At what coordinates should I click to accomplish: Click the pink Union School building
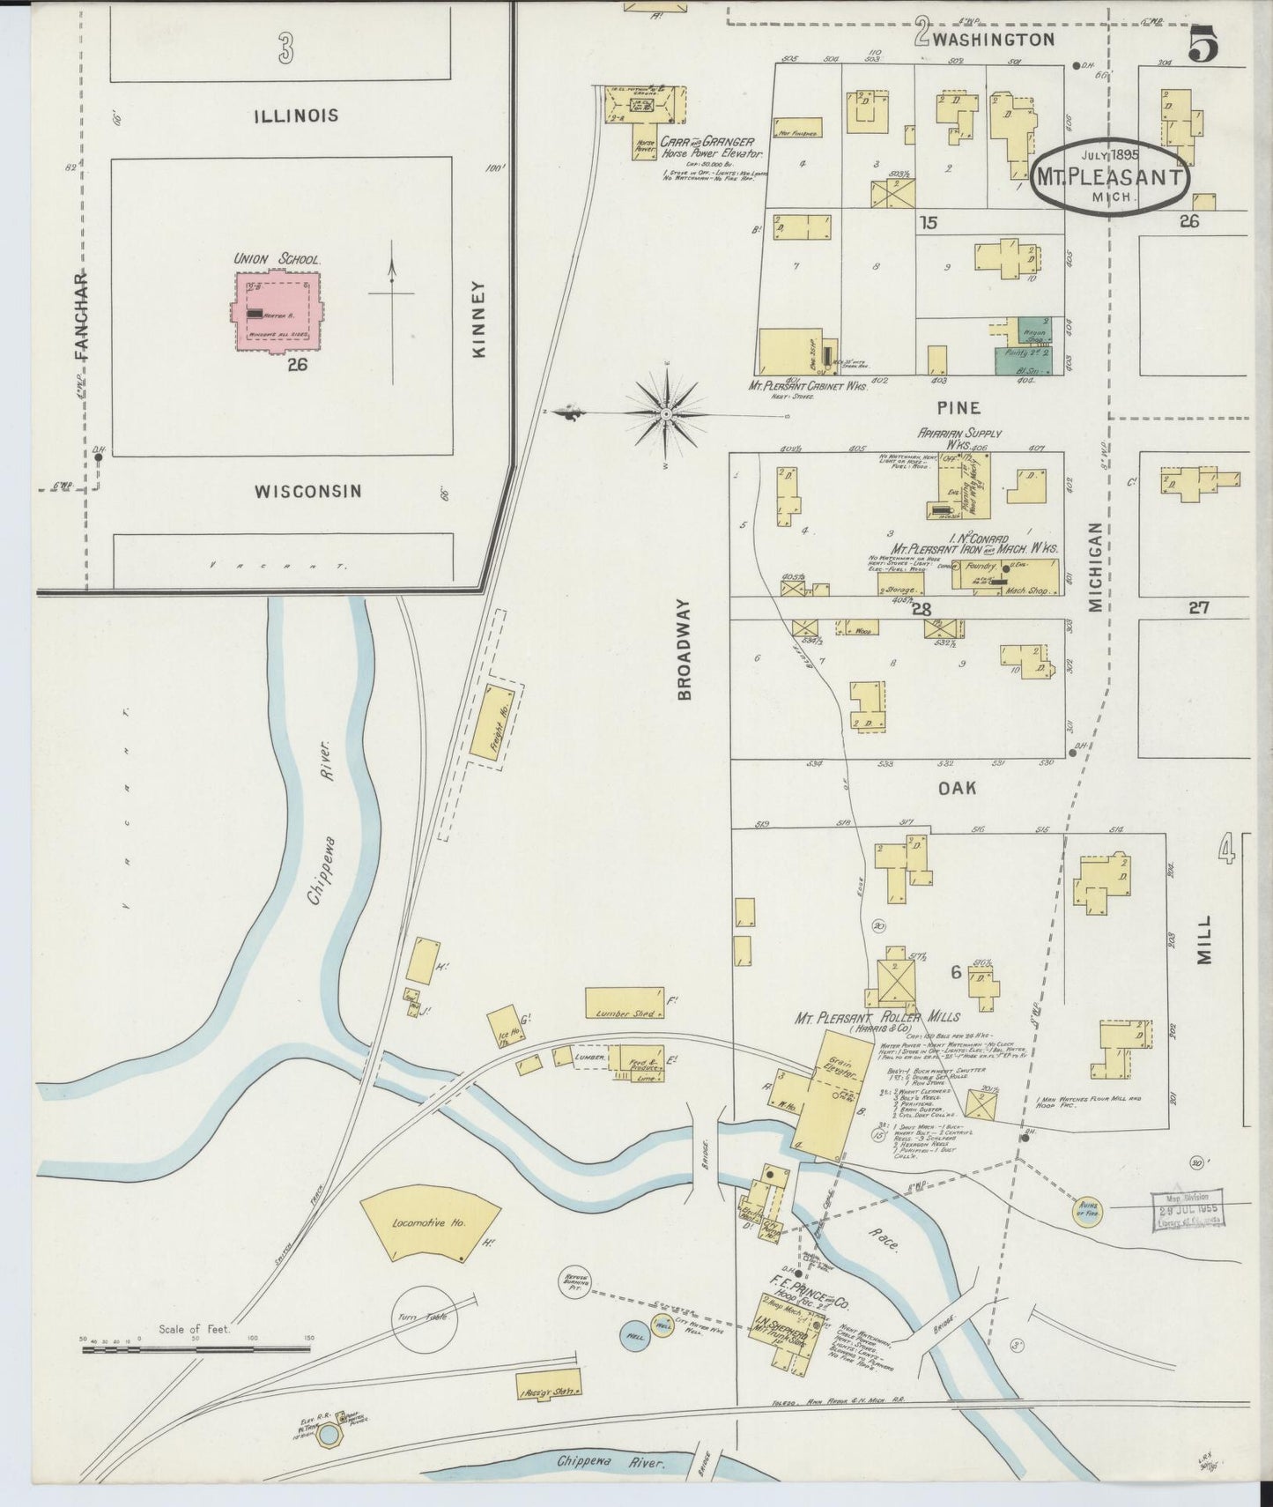(x=276, y=309)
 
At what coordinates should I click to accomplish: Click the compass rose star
(x=667, y=413)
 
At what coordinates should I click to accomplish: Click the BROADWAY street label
(x=685, y=650)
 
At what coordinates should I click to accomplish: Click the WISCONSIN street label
(x=308, y=492)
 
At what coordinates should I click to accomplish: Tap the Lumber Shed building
(x=624, y=1004)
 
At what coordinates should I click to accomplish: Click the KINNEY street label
(x=479, y=319)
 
